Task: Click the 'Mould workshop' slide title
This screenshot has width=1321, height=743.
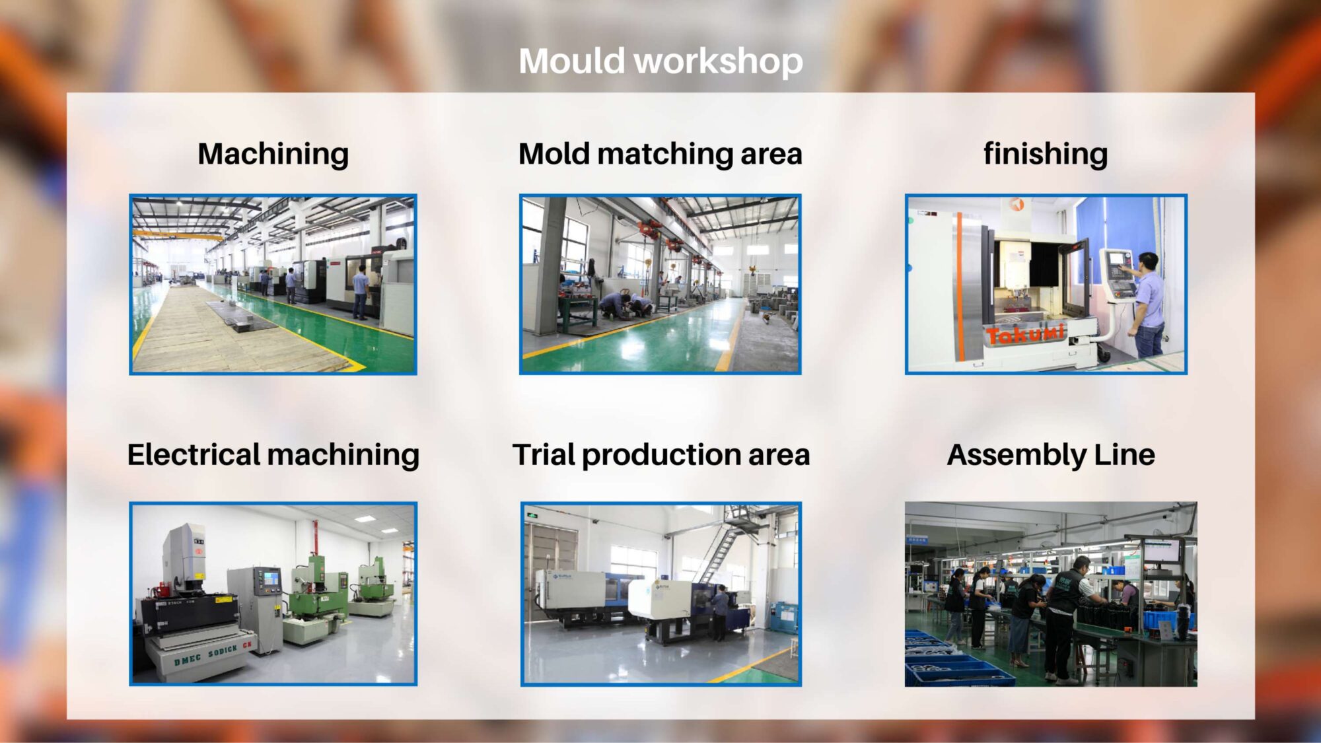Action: point(660,61)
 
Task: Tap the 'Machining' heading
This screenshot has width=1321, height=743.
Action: point(273,154)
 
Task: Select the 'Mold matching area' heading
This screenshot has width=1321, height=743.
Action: point(660,154)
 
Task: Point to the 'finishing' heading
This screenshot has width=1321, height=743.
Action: point(1046,154)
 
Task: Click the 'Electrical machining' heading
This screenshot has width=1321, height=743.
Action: point(273,455)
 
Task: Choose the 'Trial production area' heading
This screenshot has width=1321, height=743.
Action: point(661,455)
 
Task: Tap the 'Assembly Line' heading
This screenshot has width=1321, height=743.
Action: point(1051,455)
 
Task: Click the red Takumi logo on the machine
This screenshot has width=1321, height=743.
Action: point(1025,334)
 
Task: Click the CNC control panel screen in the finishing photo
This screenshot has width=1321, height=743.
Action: point(1117,260)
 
